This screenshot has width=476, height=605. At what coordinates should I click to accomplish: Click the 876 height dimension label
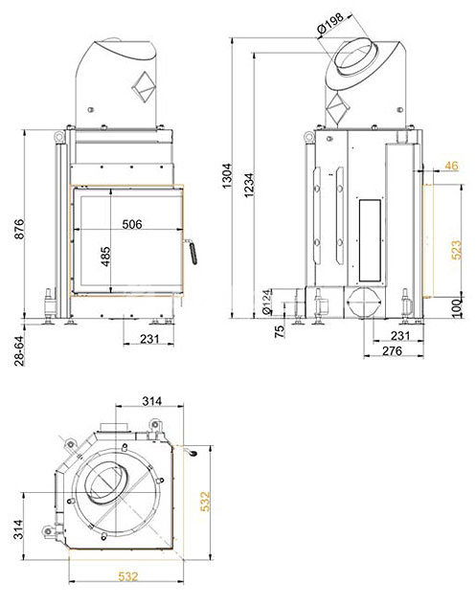19,229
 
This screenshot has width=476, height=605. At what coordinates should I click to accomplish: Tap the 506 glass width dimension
131,224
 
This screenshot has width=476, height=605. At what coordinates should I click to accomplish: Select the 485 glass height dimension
105,257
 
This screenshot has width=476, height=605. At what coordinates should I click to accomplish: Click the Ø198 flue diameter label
329,24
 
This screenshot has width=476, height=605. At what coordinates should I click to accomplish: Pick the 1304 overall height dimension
227,176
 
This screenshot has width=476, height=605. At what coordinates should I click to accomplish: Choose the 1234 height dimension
249,185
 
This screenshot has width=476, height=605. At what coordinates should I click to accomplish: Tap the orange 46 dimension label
451,166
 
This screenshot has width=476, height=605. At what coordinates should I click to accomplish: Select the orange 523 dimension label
456,250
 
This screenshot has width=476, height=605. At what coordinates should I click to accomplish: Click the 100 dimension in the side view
457,307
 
